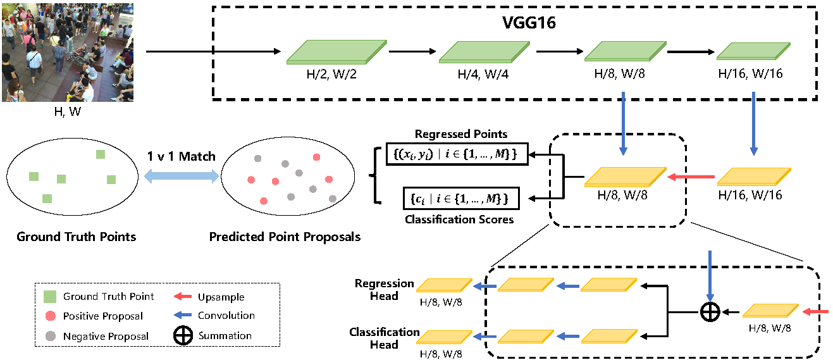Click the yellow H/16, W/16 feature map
(x=753, y=177)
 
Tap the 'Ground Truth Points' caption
(x=76, y=237)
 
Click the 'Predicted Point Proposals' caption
(x=285, y=237)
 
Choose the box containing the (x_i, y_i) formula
(x=457, y=154)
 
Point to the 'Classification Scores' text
(x=459, y=220)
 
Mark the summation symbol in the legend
(x=183, y=336)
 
